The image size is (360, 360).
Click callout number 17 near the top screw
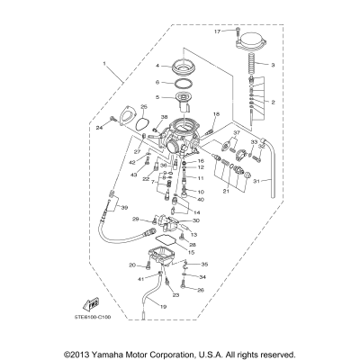[x=217, y=31]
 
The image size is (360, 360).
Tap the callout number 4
[x=157, y=67]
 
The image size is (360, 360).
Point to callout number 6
[x=157, y=81]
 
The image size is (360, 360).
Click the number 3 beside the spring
[x=274, y=65]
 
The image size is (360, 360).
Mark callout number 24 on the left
[x=100, y=127]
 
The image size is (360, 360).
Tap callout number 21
[x=227, y=191]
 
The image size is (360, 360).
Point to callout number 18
[x=217, y=114]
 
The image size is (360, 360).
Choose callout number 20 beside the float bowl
[x=131, y=265]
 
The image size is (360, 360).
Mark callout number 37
[x=236, y=134]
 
